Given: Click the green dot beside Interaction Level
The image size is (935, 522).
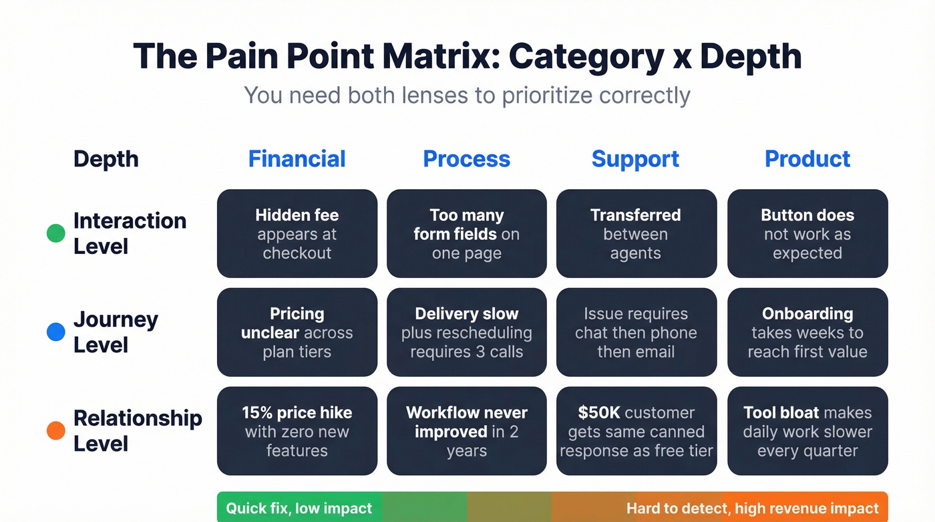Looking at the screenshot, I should [x=56, y=233].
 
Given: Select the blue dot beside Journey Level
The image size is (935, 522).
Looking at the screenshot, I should [x=56, y=332].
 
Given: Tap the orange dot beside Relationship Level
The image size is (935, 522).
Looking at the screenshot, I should [x=56, y=431].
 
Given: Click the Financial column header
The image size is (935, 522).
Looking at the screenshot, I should [x=297, y=159].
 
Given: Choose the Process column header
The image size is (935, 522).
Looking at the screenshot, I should [x=466, y=159].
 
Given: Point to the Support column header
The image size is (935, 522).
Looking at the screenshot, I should [x=635, y=159].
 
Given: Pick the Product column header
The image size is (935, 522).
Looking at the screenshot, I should [x=807, y=159].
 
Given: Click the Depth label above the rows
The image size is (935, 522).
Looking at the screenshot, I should [x=106, y=159].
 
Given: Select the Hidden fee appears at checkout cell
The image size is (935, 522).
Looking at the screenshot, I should [x=297, y=234].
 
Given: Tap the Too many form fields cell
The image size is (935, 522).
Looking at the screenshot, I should [x=466, y=234].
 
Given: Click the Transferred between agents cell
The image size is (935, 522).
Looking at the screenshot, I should [x=636, y=234].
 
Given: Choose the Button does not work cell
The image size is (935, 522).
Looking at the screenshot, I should [x=807, y=234].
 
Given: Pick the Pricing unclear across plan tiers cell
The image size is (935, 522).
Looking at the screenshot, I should [x=297, y=333].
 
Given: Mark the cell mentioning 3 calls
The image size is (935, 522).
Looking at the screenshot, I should [x=466, y=333].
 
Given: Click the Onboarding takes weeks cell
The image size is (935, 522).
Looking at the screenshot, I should [x=807, y=333].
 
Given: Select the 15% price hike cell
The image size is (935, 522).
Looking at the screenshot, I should [x=297, y=432].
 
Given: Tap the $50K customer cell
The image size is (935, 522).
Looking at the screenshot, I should [x=636, y=432].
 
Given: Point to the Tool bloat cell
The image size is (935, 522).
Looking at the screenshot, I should [x=807, y=432].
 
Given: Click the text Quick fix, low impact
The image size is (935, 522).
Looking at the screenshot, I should [x=299, y=509].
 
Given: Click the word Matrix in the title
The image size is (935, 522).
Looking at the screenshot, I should [x=435, y=56].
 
